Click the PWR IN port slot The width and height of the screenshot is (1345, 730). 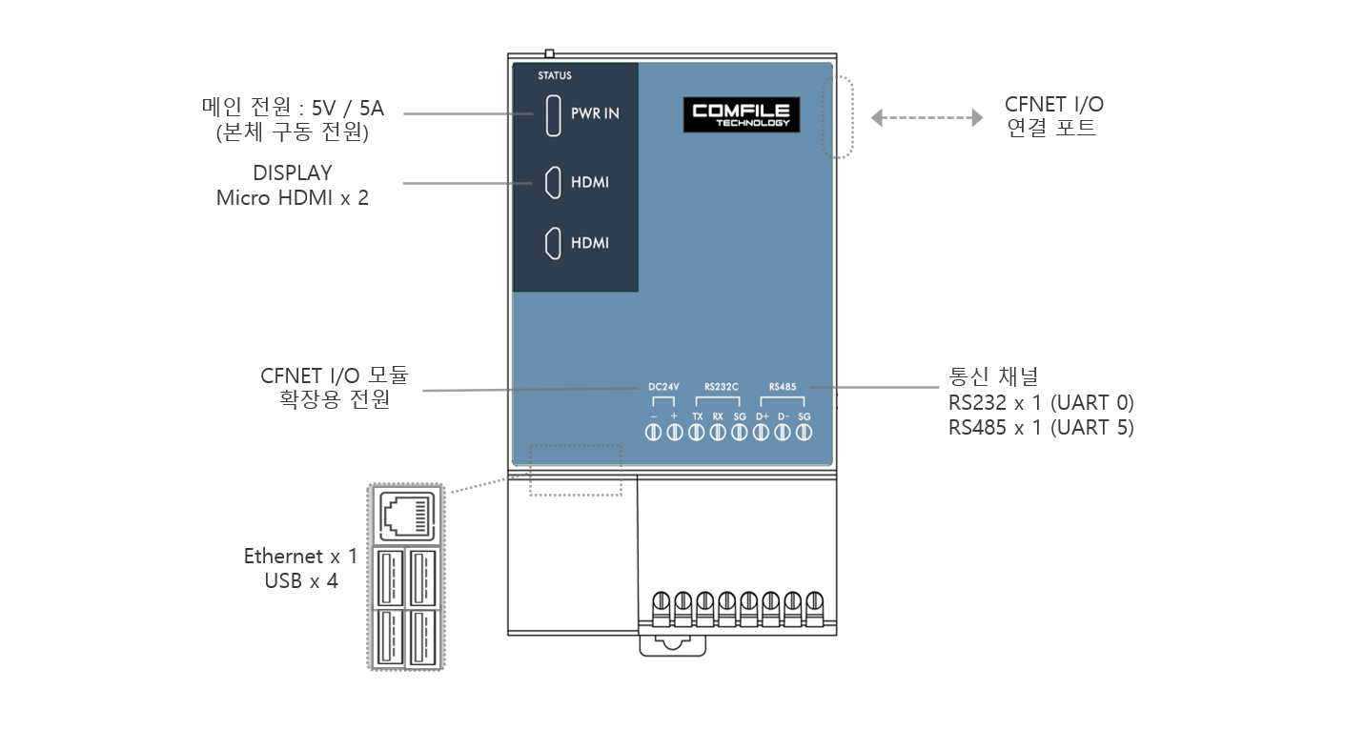[552, 114]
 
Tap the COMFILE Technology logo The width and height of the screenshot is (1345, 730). [742, 115]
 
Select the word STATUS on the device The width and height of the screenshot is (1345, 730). [555, 75]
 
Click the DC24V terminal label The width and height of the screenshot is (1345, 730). [663, 387]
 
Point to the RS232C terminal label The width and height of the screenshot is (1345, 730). [722, 387]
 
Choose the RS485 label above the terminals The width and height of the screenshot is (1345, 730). [782, 387]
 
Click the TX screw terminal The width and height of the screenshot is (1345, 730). [697, 434]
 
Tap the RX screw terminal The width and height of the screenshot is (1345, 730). [718, 434]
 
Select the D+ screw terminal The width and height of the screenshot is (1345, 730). [762, 434]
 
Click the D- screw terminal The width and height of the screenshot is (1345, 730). [783, 434]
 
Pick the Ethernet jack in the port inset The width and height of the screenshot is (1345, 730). [408, 516]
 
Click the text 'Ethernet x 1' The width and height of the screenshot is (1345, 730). [300, 557]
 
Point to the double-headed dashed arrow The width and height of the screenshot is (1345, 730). [927, 117]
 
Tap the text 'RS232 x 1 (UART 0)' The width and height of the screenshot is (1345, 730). [1041, 401]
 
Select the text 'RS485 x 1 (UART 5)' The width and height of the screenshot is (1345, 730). [1041, 427]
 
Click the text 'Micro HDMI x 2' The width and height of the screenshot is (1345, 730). [292, 198]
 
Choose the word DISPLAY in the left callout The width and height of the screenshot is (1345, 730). [293, 173]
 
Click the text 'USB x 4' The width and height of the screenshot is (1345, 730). [301, 580]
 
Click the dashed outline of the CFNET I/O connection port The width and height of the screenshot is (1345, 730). [838, 117]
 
